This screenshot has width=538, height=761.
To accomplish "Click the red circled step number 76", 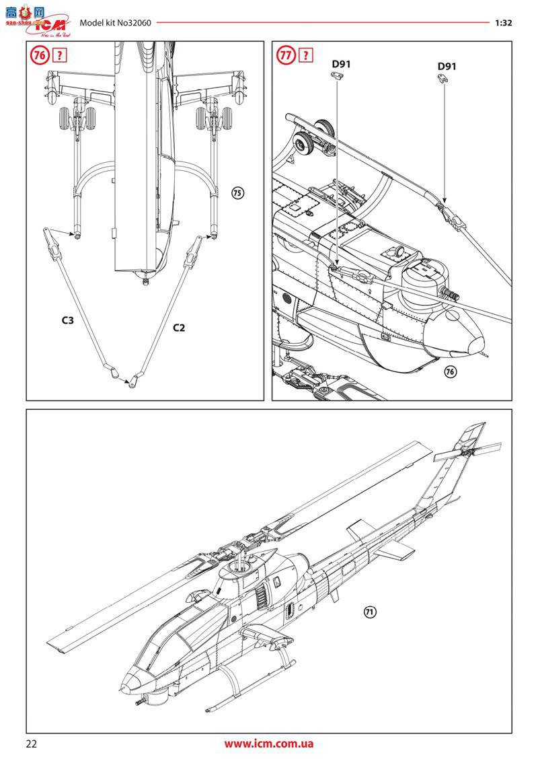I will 39,55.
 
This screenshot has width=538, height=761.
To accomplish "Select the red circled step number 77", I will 286,55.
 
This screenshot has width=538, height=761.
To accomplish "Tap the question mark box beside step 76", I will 60,55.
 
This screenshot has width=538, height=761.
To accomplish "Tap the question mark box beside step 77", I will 307,55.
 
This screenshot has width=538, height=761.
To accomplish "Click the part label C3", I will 67,321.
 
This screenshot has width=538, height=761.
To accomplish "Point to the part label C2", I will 179,328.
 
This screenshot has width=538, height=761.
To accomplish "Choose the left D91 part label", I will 341,65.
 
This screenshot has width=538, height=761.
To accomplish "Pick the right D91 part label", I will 447,66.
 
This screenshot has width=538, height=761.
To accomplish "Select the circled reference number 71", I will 370,612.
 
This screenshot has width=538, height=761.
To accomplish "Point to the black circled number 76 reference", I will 451,372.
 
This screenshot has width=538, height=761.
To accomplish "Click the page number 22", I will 32,744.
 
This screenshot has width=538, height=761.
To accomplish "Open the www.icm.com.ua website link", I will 268,744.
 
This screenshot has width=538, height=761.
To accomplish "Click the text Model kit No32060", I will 115,22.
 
